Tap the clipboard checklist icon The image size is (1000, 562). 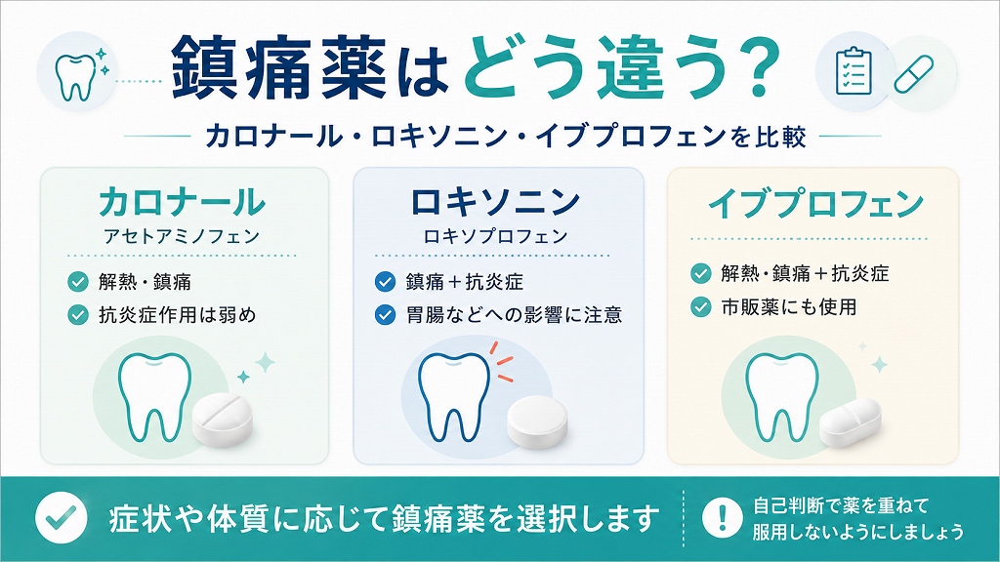pos(854,70)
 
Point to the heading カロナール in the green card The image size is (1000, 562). pos(182,201)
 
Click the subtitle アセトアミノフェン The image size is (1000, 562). pos(182,236)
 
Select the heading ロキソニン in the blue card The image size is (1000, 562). pos(495,201)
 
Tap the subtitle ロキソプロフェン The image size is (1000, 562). pos(495,236)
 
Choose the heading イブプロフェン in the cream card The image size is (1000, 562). pos(815,203)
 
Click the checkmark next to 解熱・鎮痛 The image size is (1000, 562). pos(78,282)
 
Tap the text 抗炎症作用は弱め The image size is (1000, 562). pos(178,315)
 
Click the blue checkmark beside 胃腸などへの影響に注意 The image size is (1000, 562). pos(385,315)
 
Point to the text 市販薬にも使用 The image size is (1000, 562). pos(789,307)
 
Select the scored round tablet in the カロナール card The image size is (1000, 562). pos(223,419)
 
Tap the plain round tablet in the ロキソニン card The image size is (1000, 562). pos(537,420)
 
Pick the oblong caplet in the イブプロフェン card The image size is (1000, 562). pos(851,421)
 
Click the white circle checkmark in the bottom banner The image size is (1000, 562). pos(62,517)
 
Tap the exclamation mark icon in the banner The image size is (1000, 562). pos(722,517)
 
